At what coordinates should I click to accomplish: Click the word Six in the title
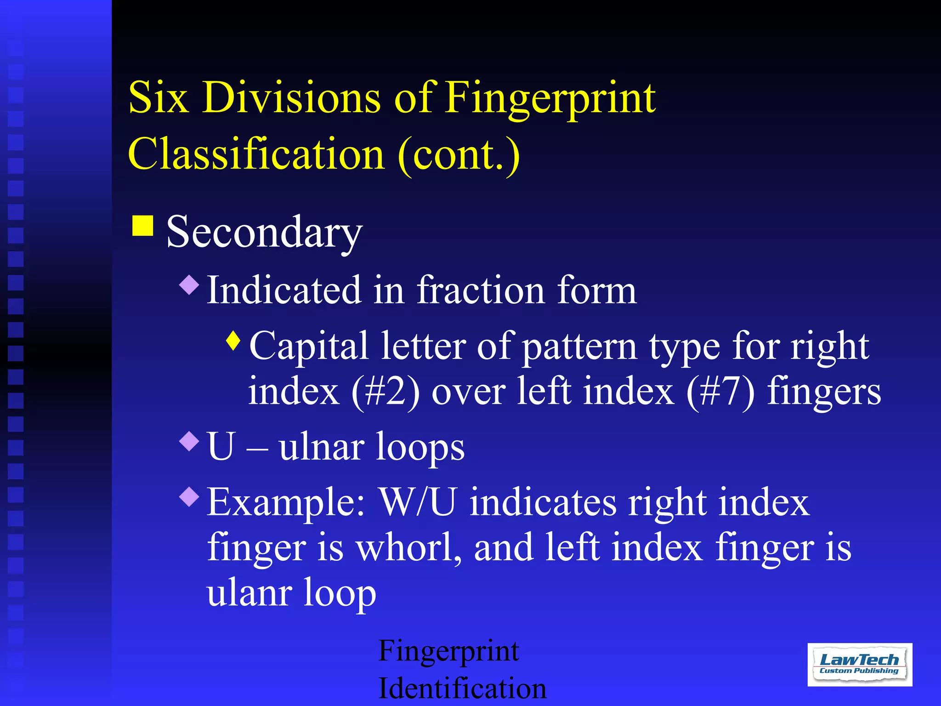pos(159,97)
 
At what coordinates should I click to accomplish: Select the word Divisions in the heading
pos(291,97)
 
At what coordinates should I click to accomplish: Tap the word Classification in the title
pos(256,154)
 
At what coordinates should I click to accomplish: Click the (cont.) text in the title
pos(459,155)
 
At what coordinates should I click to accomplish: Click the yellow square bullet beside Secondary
pos(142,226)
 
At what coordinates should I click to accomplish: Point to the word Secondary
pos(264,232)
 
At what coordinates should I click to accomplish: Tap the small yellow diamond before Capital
pos(233,341)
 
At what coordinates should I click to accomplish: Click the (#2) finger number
pos(385,392)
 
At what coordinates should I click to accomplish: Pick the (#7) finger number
pos(720,392)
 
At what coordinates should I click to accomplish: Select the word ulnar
pos(322,447)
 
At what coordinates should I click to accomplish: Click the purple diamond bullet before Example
pos(189,496)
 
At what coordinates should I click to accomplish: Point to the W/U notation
pos(418,502)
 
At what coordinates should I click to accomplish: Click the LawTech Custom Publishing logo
pos(859,664)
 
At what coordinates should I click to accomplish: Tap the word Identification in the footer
pos(462,688)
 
